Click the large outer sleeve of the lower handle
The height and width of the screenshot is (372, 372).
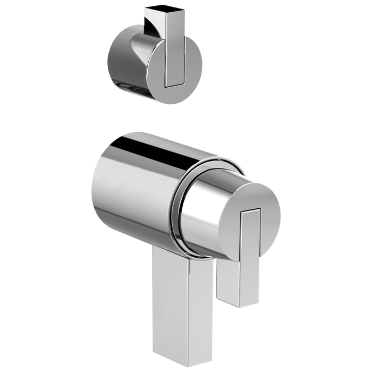click(133, 191)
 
